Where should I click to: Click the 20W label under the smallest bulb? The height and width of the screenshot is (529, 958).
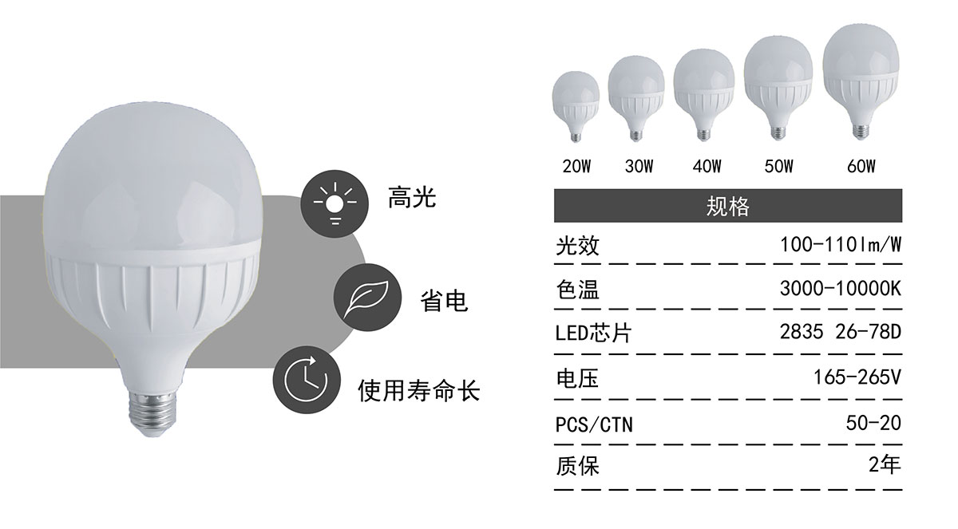point(576,166)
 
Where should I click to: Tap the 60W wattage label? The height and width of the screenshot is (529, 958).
point(861,166)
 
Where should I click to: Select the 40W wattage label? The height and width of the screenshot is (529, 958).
point(707,166)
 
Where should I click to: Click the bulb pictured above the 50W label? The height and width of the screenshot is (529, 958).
point(778,89)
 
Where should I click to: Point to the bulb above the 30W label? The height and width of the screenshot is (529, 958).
point(636,99)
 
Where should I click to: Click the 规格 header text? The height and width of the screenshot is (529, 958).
point(728,207)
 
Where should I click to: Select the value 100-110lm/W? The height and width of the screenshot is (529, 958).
point(841,245)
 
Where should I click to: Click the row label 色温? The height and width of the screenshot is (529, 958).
point(577,290)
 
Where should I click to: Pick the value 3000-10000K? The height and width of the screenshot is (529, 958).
point(841,289)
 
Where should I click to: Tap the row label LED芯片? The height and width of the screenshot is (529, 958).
point(593,334)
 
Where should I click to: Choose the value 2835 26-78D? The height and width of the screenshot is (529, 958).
point(841,332)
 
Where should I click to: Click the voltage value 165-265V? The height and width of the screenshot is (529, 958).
point(857,377)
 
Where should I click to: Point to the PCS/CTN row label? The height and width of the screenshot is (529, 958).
point(594,424)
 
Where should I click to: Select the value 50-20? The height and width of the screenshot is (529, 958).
point(873,423)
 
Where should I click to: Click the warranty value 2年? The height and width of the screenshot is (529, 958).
point(885,464)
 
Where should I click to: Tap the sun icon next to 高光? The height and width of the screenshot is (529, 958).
point(335,203)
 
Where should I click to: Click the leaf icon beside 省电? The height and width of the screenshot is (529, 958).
point(367,297)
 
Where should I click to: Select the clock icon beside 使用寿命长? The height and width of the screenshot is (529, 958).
point(307,380)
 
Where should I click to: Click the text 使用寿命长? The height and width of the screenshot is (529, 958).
point(418,390)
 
